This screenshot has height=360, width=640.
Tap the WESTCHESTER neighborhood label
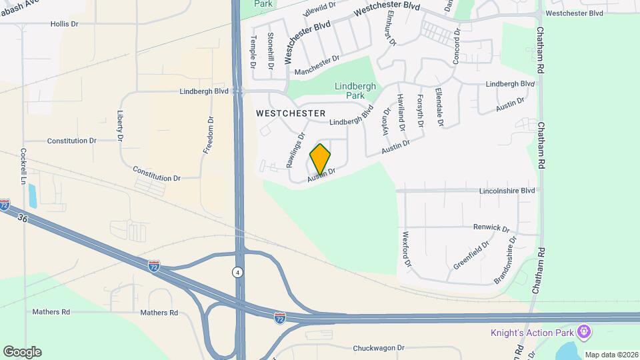(x=291, y=114)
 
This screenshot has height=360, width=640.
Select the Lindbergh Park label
(x=355, y=91)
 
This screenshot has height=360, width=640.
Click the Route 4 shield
(x=237, y=272)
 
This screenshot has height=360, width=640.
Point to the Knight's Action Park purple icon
(x=585, y=331)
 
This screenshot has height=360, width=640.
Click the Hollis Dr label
(x=65, y=23)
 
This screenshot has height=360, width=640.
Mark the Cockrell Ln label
(x=23, y=167)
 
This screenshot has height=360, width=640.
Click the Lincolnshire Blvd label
(x=507, y=191)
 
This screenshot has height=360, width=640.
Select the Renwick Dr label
(x=491, y=227)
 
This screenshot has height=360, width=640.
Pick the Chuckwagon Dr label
(x=378, y=348)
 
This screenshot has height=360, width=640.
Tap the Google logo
(x=22, y=352)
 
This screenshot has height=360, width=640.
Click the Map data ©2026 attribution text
(x=611, y=355)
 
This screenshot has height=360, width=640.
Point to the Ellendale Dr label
(x=439, y=107)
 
